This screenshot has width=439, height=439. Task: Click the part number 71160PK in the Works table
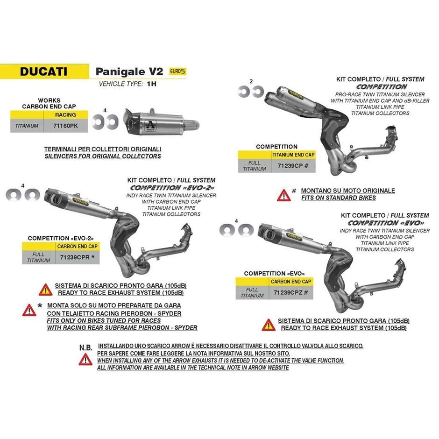[x=65, y=126]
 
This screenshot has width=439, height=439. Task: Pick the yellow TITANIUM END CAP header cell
[x=293, y=155]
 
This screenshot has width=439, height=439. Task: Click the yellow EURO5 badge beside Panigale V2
[x=177, y=71]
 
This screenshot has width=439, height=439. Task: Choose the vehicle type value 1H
[x=151, y=84]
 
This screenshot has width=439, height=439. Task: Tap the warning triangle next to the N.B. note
[x=85, y=360]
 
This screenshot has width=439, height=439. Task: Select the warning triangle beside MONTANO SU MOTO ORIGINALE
[x=283, y=195]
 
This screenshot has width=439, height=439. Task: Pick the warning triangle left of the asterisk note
[x=29, y=310]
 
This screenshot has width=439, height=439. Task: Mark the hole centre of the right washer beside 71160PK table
[x=112, y=122]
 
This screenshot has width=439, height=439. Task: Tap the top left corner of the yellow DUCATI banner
[x=0, y=64]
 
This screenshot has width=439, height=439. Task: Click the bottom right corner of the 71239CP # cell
[x=316, y=172]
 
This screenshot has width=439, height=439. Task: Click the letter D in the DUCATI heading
[x=25, y=71]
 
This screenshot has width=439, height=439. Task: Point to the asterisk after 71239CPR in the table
[x=93, y=256]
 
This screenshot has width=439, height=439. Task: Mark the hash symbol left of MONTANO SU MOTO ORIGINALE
[x=294, y=191]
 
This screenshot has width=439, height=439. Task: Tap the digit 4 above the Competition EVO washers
[x=236, y=221]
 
